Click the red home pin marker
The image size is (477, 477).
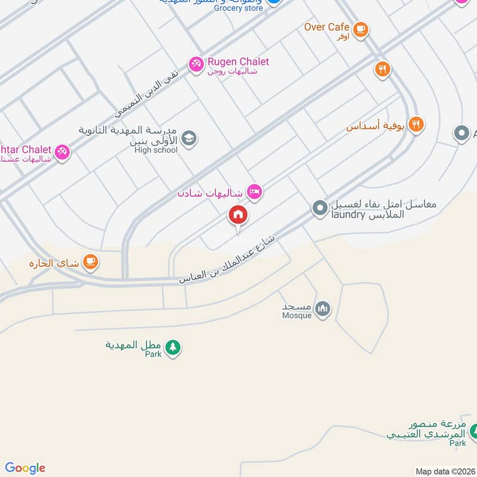pos(238,215)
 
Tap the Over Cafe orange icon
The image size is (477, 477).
pos(360,28)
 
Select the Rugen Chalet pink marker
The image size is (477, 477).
pos(196,64)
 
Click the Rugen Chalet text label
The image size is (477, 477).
pos(237,61)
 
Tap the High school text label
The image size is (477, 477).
pos(156,150)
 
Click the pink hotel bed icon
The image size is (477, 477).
pos(255,192)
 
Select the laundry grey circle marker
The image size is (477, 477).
pos(320,208)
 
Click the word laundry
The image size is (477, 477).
pos(348,215)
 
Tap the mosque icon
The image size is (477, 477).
pos(323,309)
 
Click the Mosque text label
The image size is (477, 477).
pos(297,315)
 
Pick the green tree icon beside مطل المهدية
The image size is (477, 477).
pos(172,346)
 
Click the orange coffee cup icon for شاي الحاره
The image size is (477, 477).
pos(91,261)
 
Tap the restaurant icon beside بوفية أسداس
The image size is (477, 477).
pos(416,125)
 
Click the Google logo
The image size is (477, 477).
pos(25,468)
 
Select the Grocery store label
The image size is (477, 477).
pos(238,8)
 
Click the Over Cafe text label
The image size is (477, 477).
pos(326,27)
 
